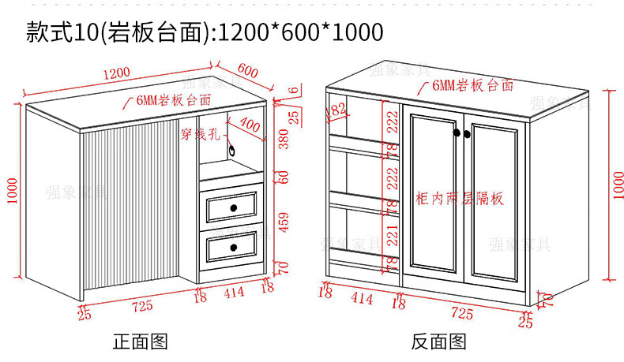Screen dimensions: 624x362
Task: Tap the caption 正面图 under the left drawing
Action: (x=141, y=341)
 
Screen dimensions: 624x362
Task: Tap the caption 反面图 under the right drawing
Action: (x=439, y=341)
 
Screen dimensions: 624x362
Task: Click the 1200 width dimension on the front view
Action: (x=115, y=74)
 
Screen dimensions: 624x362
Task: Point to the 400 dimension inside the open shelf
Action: (x=249, y=125)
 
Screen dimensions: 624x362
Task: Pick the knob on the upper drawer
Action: (x=234, y=207)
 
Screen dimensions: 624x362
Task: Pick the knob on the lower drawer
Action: (x=234, y=248)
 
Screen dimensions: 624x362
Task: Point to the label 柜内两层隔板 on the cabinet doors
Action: (x=459, y=198)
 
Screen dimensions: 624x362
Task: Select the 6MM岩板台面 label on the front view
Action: (x=173, y=101)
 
